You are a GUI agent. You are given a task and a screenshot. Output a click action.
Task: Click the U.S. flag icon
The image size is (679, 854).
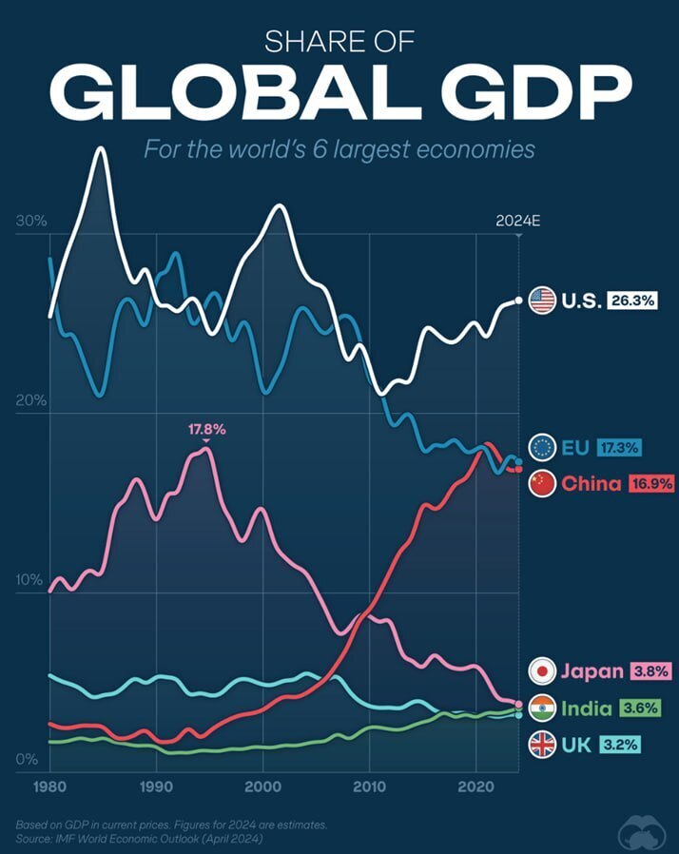coord(541,301)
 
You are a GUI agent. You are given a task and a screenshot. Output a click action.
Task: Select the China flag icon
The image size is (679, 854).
coord(542,483)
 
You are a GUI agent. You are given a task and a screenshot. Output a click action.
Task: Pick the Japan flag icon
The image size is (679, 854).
coord(542,671)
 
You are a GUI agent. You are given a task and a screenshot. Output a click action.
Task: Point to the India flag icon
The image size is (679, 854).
coord(542,708)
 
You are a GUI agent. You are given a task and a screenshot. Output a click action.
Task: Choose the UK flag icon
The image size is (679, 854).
coord(542,744)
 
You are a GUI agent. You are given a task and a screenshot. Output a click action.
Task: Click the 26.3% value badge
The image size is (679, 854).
coord(634,301)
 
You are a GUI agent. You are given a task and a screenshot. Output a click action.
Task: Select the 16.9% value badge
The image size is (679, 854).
coord(650,483)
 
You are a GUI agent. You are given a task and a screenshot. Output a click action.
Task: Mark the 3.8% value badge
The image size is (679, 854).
coord(650,671)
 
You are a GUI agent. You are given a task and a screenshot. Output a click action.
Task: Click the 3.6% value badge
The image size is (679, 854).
coord(638,708)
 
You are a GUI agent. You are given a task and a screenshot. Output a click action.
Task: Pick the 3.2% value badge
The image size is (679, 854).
coord(619,744)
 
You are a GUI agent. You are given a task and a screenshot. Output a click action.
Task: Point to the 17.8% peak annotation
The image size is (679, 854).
coord(206,430)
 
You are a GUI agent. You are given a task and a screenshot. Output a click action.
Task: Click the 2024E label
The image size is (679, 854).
coord(517,222)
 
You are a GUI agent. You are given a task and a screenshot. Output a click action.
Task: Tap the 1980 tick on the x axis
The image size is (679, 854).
coord(49,786)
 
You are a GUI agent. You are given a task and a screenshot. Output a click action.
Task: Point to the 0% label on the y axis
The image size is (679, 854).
coord(27,760)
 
